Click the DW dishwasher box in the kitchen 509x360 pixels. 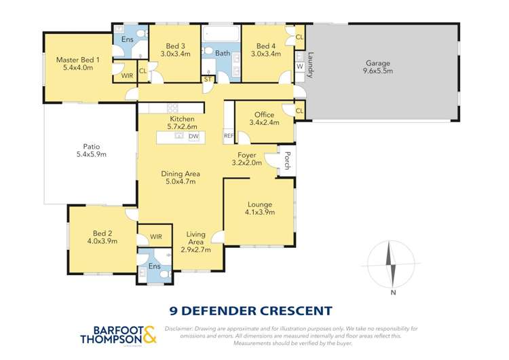tap(193, 136)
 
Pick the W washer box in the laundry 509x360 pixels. tap(299, 67)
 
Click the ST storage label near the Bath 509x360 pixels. tap(208, 79)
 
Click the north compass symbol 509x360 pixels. tap(390, 264)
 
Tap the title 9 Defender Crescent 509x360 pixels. tap(251, 310)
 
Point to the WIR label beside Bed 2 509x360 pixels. tap(156, 237)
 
